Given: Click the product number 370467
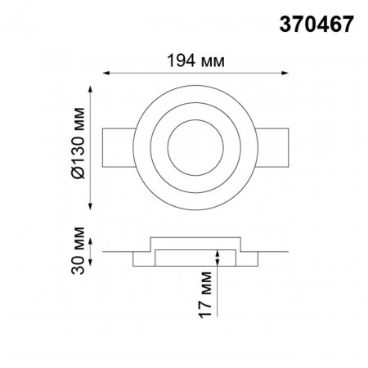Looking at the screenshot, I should tap(316, 25).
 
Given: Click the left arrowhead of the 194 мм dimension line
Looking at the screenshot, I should tap(104, 74).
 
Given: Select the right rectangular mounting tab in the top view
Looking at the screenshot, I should tap(276, 148).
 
